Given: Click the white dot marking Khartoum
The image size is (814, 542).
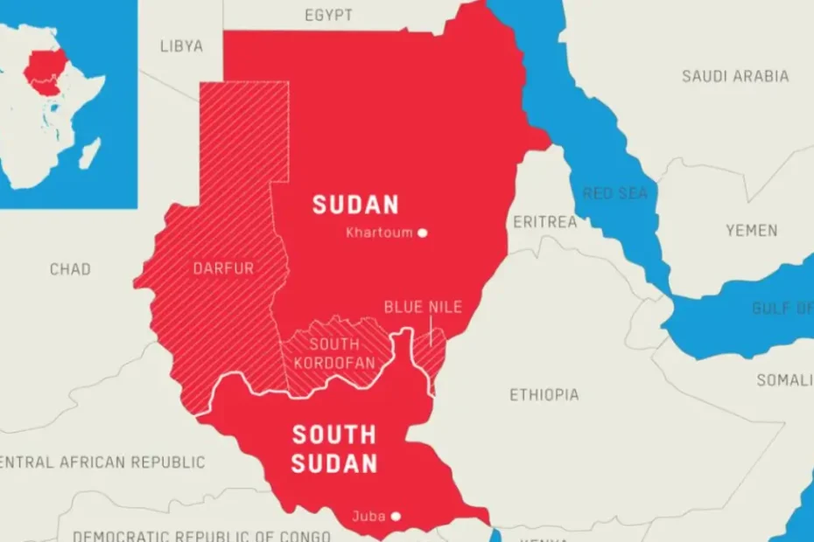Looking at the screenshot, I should pyautogui.click(x=423, y=233).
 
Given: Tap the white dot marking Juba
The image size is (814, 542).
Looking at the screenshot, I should pyautogui.click(x=396, y=517).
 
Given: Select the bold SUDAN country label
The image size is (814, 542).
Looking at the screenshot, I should pyautogui.click(x=355, y=205).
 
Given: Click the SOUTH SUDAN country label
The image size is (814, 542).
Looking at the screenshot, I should pyautogui.click(x=333, y=448).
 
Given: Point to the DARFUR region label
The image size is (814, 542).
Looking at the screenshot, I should pyautogui.click(x=223, y=268).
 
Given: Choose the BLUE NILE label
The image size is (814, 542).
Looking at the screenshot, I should pyautogui.click(x=423, y=307).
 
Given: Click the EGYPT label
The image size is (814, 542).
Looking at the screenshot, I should pyautogui.click(x=328, y=16).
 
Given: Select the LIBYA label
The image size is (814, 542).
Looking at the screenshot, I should pyautogui.click(x=181, y=45).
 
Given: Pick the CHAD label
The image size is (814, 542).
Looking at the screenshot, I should pyautogui.click(x=70, y=269).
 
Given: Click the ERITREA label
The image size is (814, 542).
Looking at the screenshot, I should pyautogui.click(x=544, y=222).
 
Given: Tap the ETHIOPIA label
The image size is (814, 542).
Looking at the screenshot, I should pyautogui.click(x=544, y=395).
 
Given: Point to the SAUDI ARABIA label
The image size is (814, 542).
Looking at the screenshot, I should pyautogui.click(x=735, y=76).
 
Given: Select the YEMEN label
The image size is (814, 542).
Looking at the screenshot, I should pyautogui.click(x=751, y=231).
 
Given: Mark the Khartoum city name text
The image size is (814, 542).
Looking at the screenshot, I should pyautogui.click(x=378, y=233).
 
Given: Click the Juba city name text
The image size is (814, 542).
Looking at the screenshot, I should pyautogui.click(x=368, y=517).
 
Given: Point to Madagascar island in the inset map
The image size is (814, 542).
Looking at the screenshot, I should pyautogui.click(x=90, y=153).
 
